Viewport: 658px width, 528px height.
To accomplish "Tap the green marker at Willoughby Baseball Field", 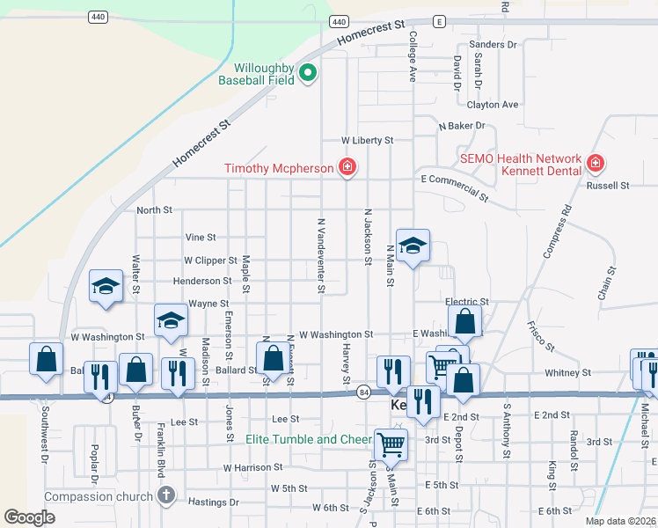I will click(308, 73).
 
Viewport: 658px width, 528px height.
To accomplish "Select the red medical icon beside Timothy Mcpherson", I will click(347, 167).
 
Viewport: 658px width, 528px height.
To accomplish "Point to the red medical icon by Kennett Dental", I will click(596, 163).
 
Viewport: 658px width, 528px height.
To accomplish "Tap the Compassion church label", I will click(98, 497).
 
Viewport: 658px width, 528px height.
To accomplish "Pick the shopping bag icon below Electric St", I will click(465, 322).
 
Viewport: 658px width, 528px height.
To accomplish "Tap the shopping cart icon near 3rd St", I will click(391, 444).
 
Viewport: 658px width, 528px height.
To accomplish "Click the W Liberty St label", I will click(367, 140).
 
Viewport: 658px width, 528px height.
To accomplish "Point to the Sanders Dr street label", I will click(493, 44).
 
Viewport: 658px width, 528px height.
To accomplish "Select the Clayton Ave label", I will click(493, 105).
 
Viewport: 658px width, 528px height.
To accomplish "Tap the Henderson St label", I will click(201, 281).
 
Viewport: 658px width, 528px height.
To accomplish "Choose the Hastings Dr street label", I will click(214, 502).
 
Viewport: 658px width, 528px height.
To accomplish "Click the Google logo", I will click(29, 517).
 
